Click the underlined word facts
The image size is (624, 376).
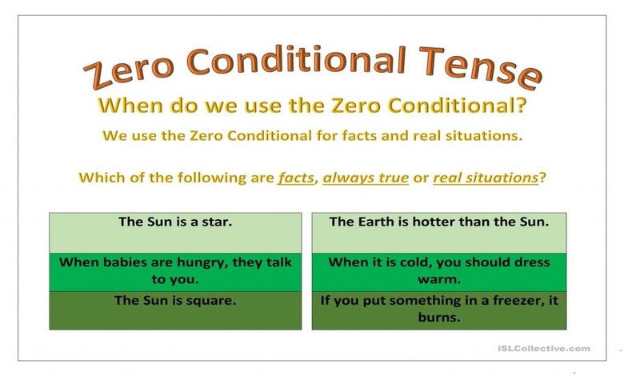point(295,178)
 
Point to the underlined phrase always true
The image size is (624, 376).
point(365,178)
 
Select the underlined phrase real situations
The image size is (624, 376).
point(485,178)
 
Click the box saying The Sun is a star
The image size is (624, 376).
point(175,233)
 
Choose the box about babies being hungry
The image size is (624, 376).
point(175,271)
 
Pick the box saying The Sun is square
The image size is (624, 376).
point(175,310)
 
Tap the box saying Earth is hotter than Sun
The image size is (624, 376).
point(439,233)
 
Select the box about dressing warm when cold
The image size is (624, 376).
point(439,271)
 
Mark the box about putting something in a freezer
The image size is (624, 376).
point(439,310)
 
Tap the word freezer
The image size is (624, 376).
point(510,301)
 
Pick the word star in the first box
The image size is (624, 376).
point(217,222)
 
